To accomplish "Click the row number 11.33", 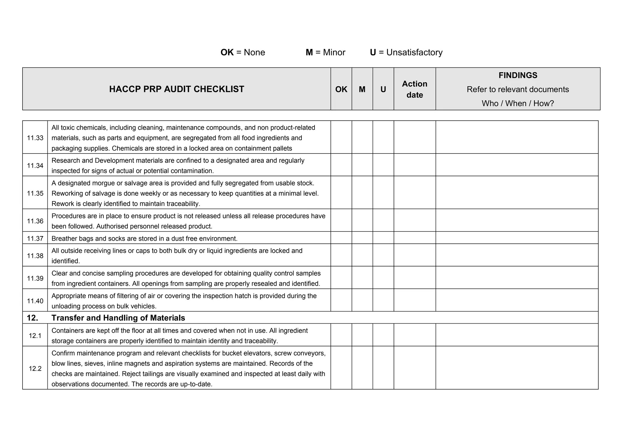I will point(35,138).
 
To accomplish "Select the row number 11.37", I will point(35,239).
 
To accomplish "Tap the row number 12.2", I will point(35,369).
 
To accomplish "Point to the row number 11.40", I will point(35,301).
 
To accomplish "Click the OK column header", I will point(341,89).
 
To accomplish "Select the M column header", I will point(362,89).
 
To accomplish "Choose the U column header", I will point(383,89).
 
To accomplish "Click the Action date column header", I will point(415,89).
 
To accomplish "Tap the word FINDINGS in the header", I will point(518,75).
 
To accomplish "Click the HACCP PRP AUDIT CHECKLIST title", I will point(176,89).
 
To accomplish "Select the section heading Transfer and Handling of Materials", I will point(118,318).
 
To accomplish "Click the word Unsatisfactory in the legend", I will point(414,53).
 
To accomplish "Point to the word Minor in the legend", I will point(334,53).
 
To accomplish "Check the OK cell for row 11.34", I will point(341,165).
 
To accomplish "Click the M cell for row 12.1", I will point(362,335).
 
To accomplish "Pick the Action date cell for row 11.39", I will point(415,278).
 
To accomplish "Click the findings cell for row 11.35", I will point(517,193).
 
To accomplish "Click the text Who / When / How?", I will point(518,103).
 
